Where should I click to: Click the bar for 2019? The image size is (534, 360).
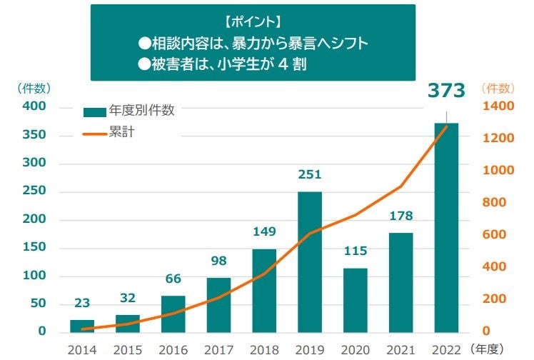click(x=310, y=261)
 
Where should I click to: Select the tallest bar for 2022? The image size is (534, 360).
click(x=446, y=227)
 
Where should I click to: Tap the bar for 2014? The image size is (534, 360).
click(x=82, y=326)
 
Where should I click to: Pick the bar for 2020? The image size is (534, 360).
click(x=356, y=300)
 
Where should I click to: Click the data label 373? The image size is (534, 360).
click(x=446, y=91)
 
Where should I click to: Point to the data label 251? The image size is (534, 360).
click(x=310, y=174)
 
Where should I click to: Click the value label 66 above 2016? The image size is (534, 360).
click(x=173, y=279)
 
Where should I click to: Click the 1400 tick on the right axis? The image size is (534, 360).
click(x=498, y=106)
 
